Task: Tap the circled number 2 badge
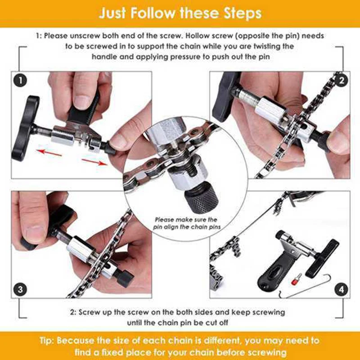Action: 342,81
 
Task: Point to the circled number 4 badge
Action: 342,288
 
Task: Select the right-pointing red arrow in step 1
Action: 95,160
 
